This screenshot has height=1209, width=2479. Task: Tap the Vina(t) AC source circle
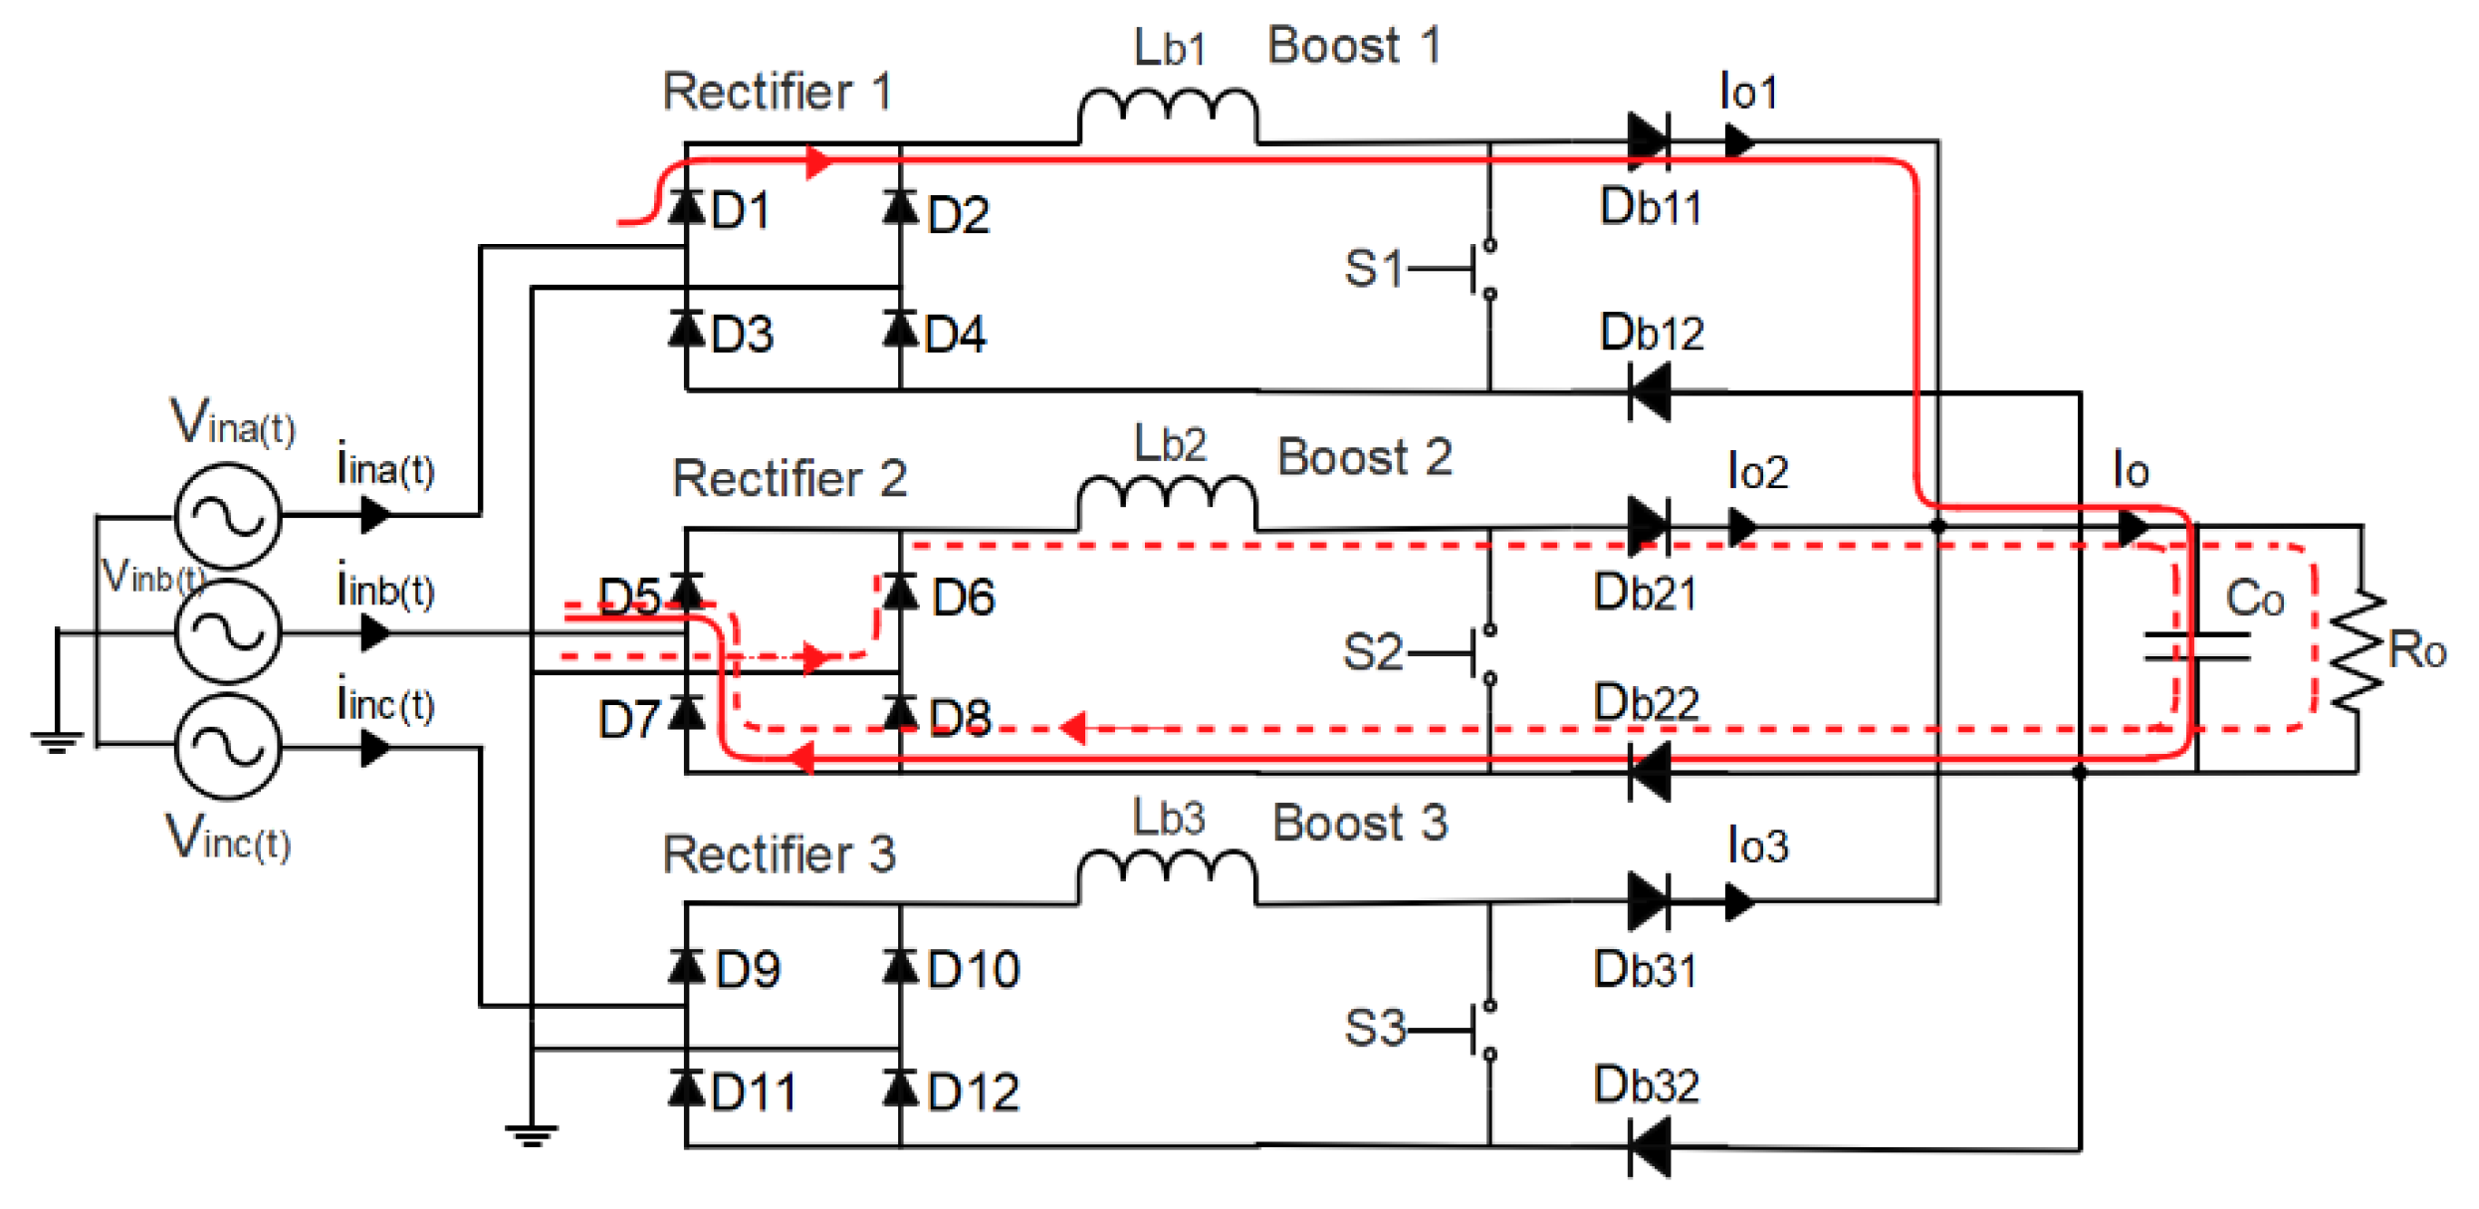(227, 516)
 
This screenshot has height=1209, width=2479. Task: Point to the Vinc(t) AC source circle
(227, 747)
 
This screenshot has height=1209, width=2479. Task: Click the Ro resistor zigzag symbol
(2358, 652)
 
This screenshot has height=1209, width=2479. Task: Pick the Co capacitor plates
(2196, 646)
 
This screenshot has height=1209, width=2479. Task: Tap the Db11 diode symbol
(1649, 139)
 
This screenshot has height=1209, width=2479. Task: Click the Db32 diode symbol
(1649, 1148)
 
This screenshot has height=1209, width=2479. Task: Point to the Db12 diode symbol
(1649, 391)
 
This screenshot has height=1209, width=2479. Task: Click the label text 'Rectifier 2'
(789, 478)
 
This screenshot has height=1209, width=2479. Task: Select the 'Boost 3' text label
(1360, 824)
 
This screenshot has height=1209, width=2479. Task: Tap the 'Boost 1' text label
(1354, 46)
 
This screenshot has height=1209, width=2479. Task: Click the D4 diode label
(954, 335)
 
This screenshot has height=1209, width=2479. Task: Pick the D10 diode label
(973, 970)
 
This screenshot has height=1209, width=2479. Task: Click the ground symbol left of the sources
(57, 740)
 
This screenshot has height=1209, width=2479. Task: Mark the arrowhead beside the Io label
(2133, 527)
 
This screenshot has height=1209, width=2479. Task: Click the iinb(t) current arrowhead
(374, 632)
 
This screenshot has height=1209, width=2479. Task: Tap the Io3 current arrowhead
(1739, 902)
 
